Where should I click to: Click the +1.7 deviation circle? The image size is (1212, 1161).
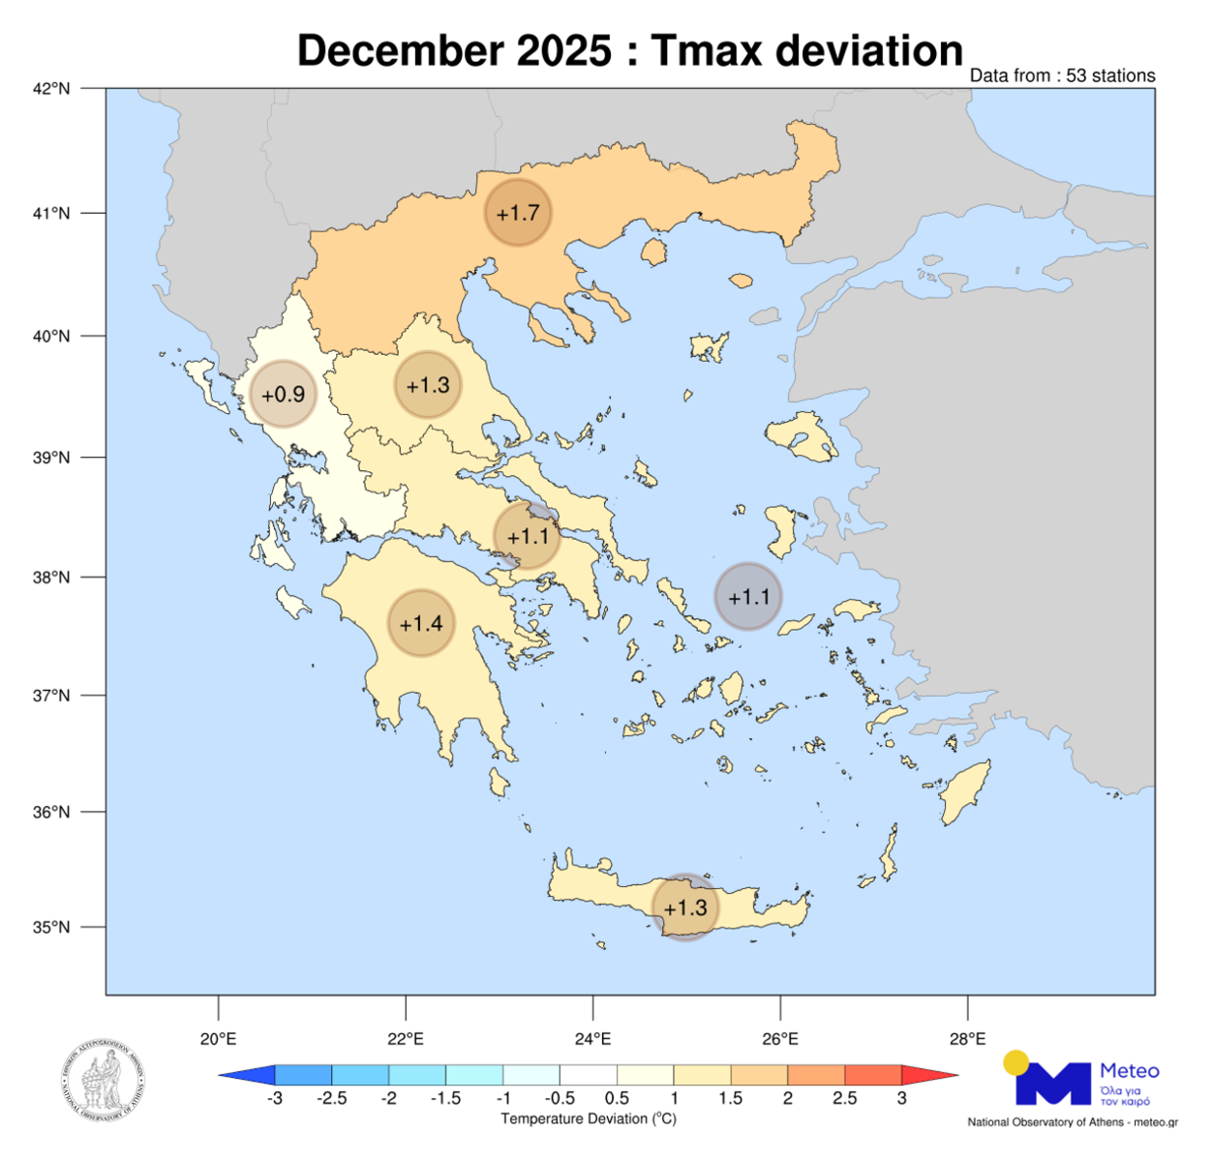point(518,212)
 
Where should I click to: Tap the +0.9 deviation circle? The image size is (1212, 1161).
point(284,394)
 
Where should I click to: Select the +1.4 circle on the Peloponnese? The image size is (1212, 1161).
point(421,623)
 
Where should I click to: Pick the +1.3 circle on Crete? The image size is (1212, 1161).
point(685,908)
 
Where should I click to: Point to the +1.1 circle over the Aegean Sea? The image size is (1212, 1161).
point(748,597)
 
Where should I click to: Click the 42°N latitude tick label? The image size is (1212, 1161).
point(51,89)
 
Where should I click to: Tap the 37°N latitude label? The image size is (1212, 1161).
point(51,696)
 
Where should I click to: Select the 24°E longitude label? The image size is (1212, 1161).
point(592,1039)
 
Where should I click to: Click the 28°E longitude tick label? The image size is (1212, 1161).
point(967,1039)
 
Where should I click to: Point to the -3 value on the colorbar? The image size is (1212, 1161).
point(275,1098)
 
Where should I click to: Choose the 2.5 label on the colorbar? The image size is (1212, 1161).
point(844,1098)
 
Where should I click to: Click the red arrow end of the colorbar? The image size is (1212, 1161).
point(929,1075)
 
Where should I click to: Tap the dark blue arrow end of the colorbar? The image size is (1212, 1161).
point(248,1075)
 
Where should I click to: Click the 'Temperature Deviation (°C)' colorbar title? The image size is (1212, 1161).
point(589,1119)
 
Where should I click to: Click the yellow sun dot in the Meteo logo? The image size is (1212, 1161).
point(1015,1062)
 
